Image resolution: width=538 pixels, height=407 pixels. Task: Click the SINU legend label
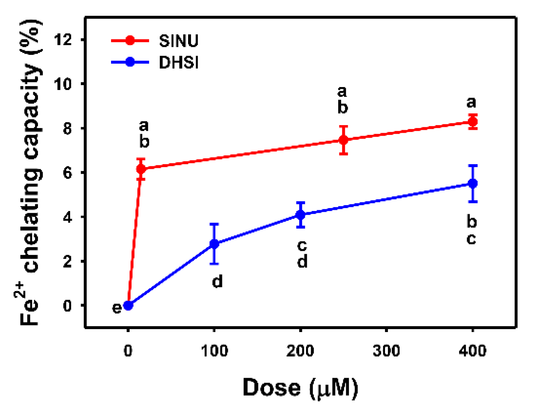[179, 41]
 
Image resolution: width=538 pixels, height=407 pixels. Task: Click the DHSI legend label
[179, 63]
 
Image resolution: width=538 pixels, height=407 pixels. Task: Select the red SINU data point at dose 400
[473, 122]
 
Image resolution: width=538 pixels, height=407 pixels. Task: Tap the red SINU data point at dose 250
[343, 140]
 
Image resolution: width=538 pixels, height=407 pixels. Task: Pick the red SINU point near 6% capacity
[141, 169]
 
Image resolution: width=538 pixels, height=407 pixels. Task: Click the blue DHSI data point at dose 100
[214, 244]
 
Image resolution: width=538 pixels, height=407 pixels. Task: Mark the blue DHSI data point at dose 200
[300, 215]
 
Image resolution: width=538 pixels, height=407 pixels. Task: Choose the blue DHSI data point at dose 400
[473, 184]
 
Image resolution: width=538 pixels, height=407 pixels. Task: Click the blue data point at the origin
[128, 305]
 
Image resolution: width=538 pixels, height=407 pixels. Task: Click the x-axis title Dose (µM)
[300, 388]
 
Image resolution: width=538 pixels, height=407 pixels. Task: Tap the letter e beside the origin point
[117, 308]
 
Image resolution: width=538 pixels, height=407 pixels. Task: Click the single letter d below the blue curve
[217, 282]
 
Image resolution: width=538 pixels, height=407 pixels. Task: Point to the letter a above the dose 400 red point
[471, 102]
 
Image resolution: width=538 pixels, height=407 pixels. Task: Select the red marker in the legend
[130, 41]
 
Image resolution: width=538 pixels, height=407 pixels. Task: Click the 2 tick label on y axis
[67, 261]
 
